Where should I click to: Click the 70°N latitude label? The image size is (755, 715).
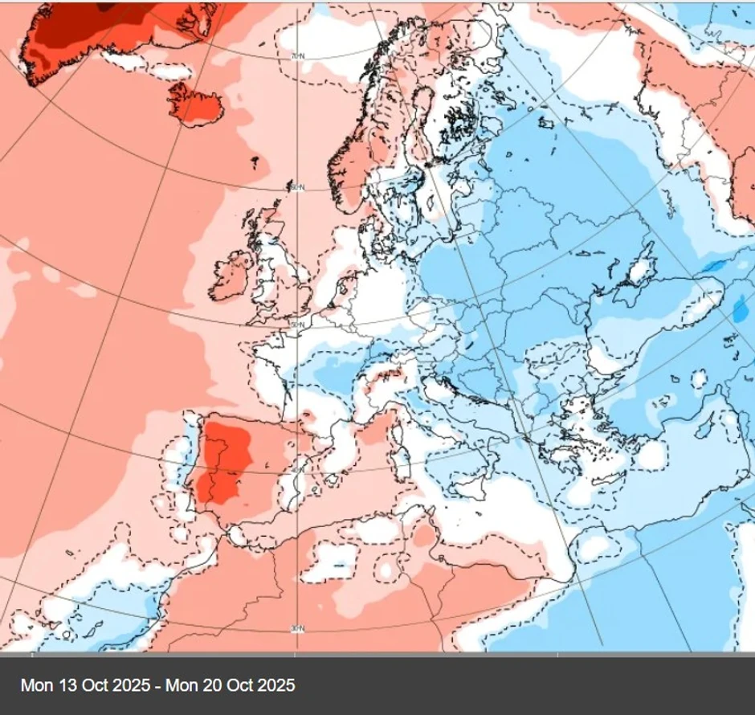point(296,56)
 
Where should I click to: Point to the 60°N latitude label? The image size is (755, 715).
point(296,187)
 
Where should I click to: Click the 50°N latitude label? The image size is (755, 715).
point(296,325)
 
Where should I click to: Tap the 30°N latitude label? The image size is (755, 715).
point(296,627)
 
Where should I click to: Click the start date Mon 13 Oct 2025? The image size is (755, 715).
point(85,685)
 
